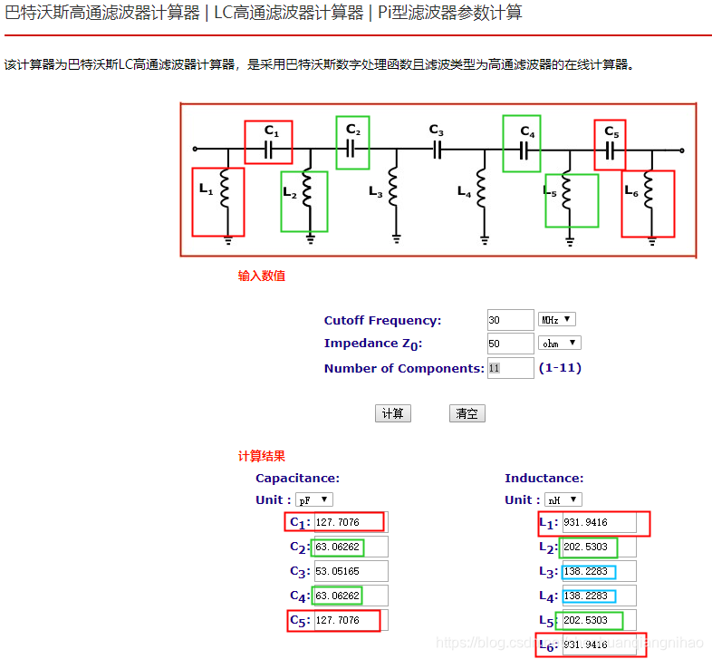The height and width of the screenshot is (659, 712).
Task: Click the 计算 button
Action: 392,413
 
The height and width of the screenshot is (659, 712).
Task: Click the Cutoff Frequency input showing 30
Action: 510,320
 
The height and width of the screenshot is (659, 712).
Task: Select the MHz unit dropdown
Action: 557,320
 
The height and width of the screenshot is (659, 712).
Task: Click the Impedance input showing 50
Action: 510,344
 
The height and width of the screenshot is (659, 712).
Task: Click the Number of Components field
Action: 510,368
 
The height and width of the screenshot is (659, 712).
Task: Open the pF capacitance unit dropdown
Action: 314,499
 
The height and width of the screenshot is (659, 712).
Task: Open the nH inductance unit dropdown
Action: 563,499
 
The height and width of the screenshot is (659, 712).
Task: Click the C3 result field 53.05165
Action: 351,571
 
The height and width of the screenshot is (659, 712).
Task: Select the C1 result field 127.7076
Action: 348,522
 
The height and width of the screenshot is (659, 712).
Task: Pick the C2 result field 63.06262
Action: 351,547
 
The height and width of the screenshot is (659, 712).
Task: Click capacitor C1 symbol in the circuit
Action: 268,150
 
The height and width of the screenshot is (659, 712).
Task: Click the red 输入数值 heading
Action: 261,276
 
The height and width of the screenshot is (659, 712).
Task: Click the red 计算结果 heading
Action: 261,456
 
